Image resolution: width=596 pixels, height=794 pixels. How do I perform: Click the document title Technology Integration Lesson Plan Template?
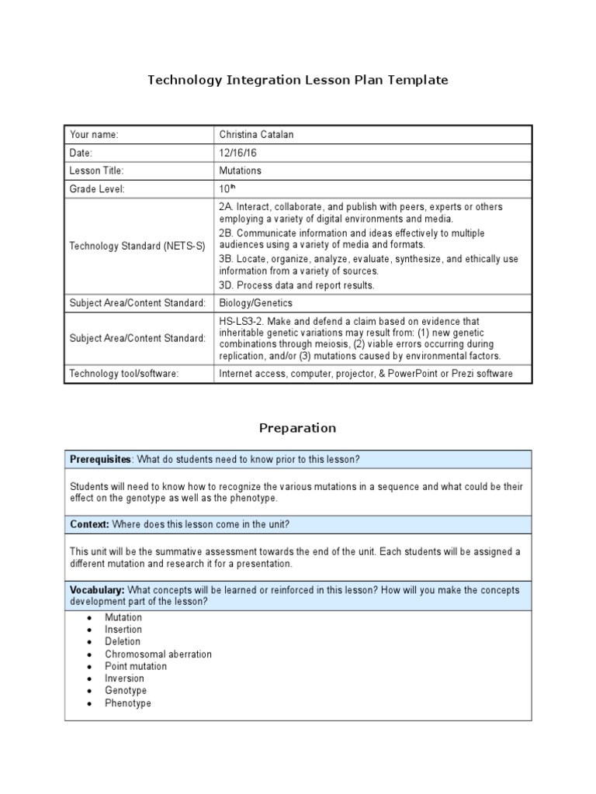pyautogui.click(x=298, y=80)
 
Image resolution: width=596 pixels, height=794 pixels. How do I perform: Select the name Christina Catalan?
pyautogui.click(x=257, y=135)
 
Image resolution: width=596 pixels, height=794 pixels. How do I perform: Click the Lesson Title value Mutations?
pyautogui.click(x=241, y=171)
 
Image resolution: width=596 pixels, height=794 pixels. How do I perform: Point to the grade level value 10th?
pyautogui.click(x=227, y=188)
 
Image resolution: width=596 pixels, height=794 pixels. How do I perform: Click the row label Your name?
pyautogui.click(x=94, y=135)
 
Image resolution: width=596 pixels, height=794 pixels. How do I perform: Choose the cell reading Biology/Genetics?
pyautogui.click(x=255, y=302)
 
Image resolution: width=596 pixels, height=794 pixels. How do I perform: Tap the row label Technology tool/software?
pyautogui.click(x=124, y=374)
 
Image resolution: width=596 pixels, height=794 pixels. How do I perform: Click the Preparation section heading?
pyautogui.click(x=298, y=428)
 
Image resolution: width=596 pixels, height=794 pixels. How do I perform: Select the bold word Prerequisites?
pyautogui.click(x=100, y=459)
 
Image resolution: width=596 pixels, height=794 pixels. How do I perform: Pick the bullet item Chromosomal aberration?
pyautogui.click(x=158, y=654)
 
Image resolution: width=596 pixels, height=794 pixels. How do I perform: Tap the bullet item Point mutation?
pyautogui.click(x=136, y=666)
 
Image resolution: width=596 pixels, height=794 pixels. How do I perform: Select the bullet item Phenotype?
pyautogui.click(x=128, y=703)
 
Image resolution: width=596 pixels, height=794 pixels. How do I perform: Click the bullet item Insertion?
pyautogui.click(x=123, y=630)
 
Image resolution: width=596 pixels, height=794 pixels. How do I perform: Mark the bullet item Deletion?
pyautogui.click(x=123, y=641)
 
